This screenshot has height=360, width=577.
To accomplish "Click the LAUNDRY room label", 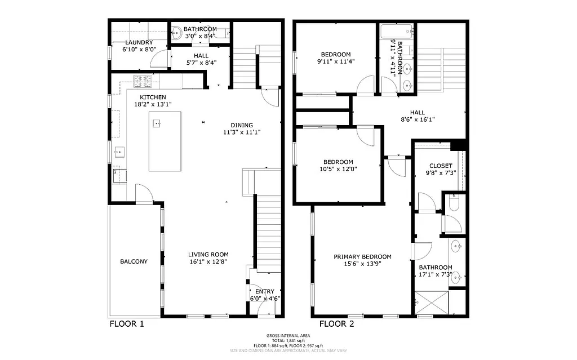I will coord(139,42).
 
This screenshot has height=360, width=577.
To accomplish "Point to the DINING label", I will coord(242,125).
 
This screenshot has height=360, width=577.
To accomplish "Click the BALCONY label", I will coord(134,261).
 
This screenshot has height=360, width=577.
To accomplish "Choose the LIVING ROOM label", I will coord(208,255).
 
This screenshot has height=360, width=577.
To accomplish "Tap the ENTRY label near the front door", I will coord(265,291).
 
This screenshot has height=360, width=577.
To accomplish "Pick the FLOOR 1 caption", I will coord(127,324).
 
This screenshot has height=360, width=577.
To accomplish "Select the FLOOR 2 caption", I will coord(337,324).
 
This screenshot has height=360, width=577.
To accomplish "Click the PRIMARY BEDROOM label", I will coord(362,257).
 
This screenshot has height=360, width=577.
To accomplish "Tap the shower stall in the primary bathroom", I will coord(432,303).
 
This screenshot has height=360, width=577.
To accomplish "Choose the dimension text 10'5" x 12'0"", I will coord(338,168).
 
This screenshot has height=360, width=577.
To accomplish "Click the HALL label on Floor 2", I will coord(418,112).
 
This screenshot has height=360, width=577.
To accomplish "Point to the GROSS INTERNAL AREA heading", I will coord(288,335).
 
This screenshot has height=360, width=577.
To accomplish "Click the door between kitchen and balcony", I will coord(144,195).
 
